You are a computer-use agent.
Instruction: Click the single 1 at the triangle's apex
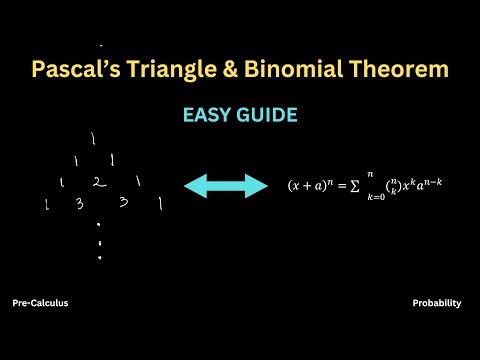click(92, 138)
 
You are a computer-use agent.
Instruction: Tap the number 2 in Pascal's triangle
click(98, 183)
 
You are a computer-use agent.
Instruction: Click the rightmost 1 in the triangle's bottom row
click(159, 204)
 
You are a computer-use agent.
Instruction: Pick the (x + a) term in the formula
click(305, 187)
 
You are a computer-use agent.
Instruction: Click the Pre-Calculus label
click(41, 302)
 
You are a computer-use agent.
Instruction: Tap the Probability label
click(436, 302)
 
